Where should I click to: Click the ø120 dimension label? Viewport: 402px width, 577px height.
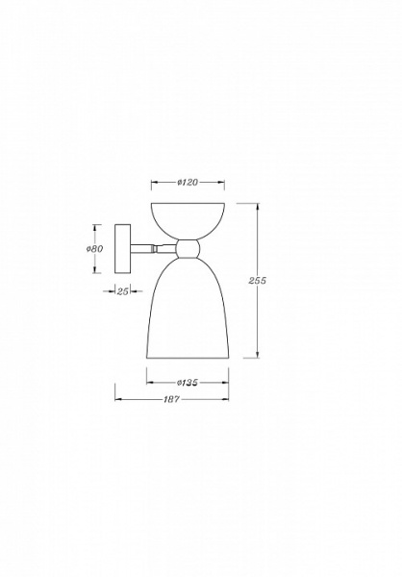(x=188, y=183)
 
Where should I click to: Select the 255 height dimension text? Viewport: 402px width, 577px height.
(x=256, y=280)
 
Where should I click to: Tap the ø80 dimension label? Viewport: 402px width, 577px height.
(x=95, y=248)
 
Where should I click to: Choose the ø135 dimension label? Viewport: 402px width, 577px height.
(x=188, y=382)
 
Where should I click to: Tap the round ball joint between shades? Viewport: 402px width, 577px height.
(x=188, y=249)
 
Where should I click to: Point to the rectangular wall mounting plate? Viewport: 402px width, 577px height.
(x=122, y=248)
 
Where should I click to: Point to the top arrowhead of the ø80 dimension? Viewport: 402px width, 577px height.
(x=96, y=226)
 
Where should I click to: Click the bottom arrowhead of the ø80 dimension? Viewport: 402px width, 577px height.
(x=96, y=270)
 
